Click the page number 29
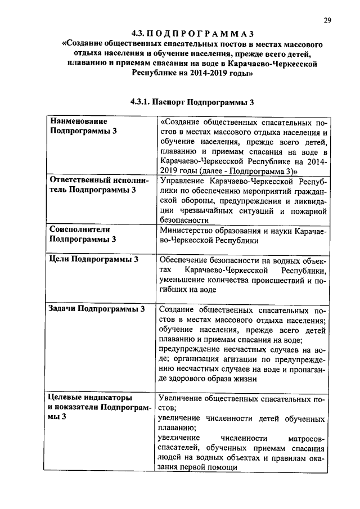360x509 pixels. [x=327, y=21]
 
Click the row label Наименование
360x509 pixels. [x=79, y=120]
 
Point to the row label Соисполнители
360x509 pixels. [x=79, y=229]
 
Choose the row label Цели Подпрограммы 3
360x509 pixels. [x=93, y=259]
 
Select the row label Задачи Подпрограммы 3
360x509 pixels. [x=97, y=309]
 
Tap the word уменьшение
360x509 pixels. [x=186, y=280]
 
